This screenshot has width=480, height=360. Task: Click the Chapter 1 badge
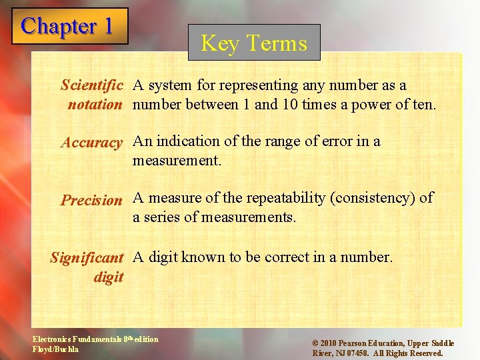point(69,26)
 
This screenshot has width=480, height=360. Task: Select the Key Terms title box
point(254,43)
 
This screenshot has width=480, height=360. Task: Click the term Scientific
point(92,85)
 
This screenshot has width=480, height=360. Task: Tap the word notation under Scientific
point(95,104)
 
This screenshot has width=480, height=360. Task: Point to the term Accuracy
point(92,142)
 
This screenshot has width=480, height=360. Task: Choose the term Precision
point(92,199)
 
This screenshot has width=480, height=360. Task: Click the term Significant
point(87,257)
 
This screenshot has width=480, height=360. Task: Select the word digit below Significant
point(109,276)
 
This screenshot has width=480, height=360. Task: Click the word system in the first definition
point(170,85)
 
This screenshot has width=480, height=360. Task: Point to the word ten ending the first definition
point(422,104)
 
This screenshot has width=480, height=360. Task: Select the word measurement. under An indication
point(177,160)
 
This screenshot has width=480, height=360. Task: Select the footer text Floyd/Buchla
point(55,349)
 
